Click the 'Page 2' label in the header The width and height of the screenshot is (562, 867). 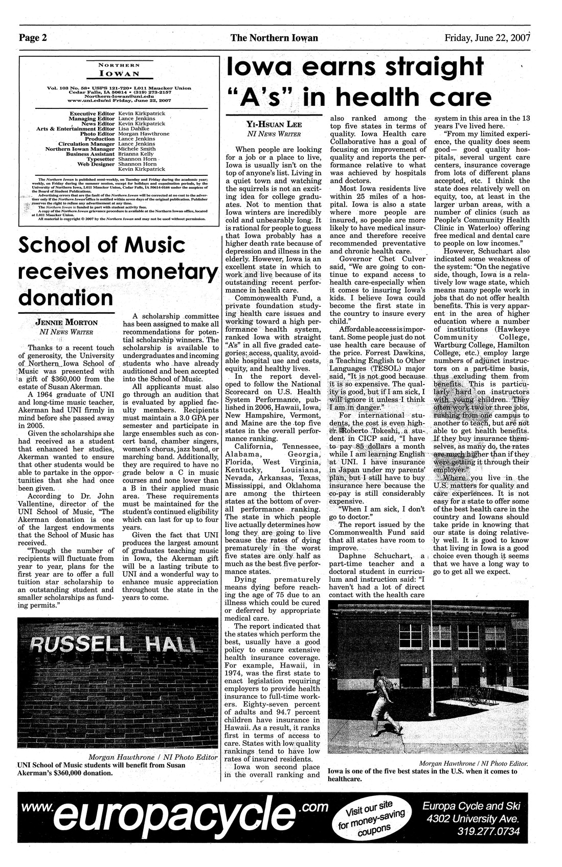(x=33, y=38)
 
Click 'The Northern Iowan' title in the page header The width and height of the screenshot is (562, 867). (x=274, y=38)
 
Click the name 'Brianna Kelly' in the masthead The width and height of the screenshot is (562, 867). (x=136, y=153)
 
